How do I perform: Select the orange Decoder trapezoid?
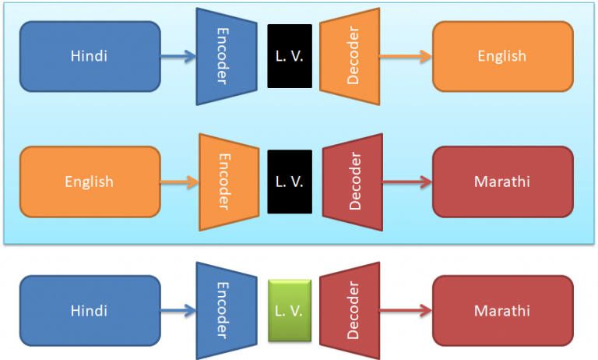pos(349,56)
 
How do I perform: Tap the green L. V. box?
pos(289,310)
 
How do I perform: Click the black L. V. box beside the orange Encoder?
pos(290,182)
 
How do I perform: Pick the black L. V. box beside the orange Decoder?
pos(290,56)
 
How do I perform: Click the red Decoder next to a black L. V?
pos(352,182)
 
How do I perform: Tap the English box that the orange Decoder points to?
pos(502,56)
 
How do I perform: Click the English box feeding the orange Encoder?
pos(90,182)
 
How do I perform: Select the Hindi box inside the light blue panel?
pos(90,56)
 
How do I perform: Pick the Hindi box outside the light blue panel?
pos(90,310)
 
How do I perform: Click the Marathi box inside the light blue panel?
pos(502,182)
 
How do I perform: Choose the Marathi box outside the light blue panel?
pos(502,310)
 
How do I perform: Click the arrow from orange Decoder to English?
pos(406,56)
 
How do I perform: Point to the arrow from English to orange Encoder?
pos(179,182)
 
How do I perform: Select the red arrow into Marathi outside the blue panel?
pos(406,310)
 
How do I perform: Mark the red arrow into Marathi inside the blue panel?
pos(406,182)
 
